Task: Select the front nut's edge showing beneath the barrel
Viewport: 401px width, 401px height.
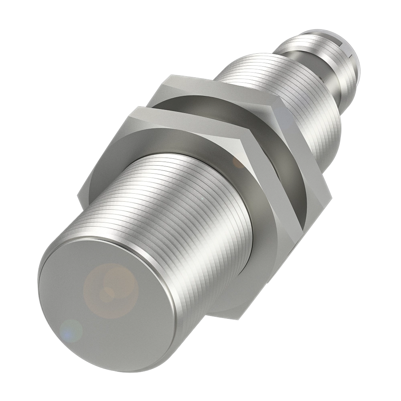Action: click(225, 309)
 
